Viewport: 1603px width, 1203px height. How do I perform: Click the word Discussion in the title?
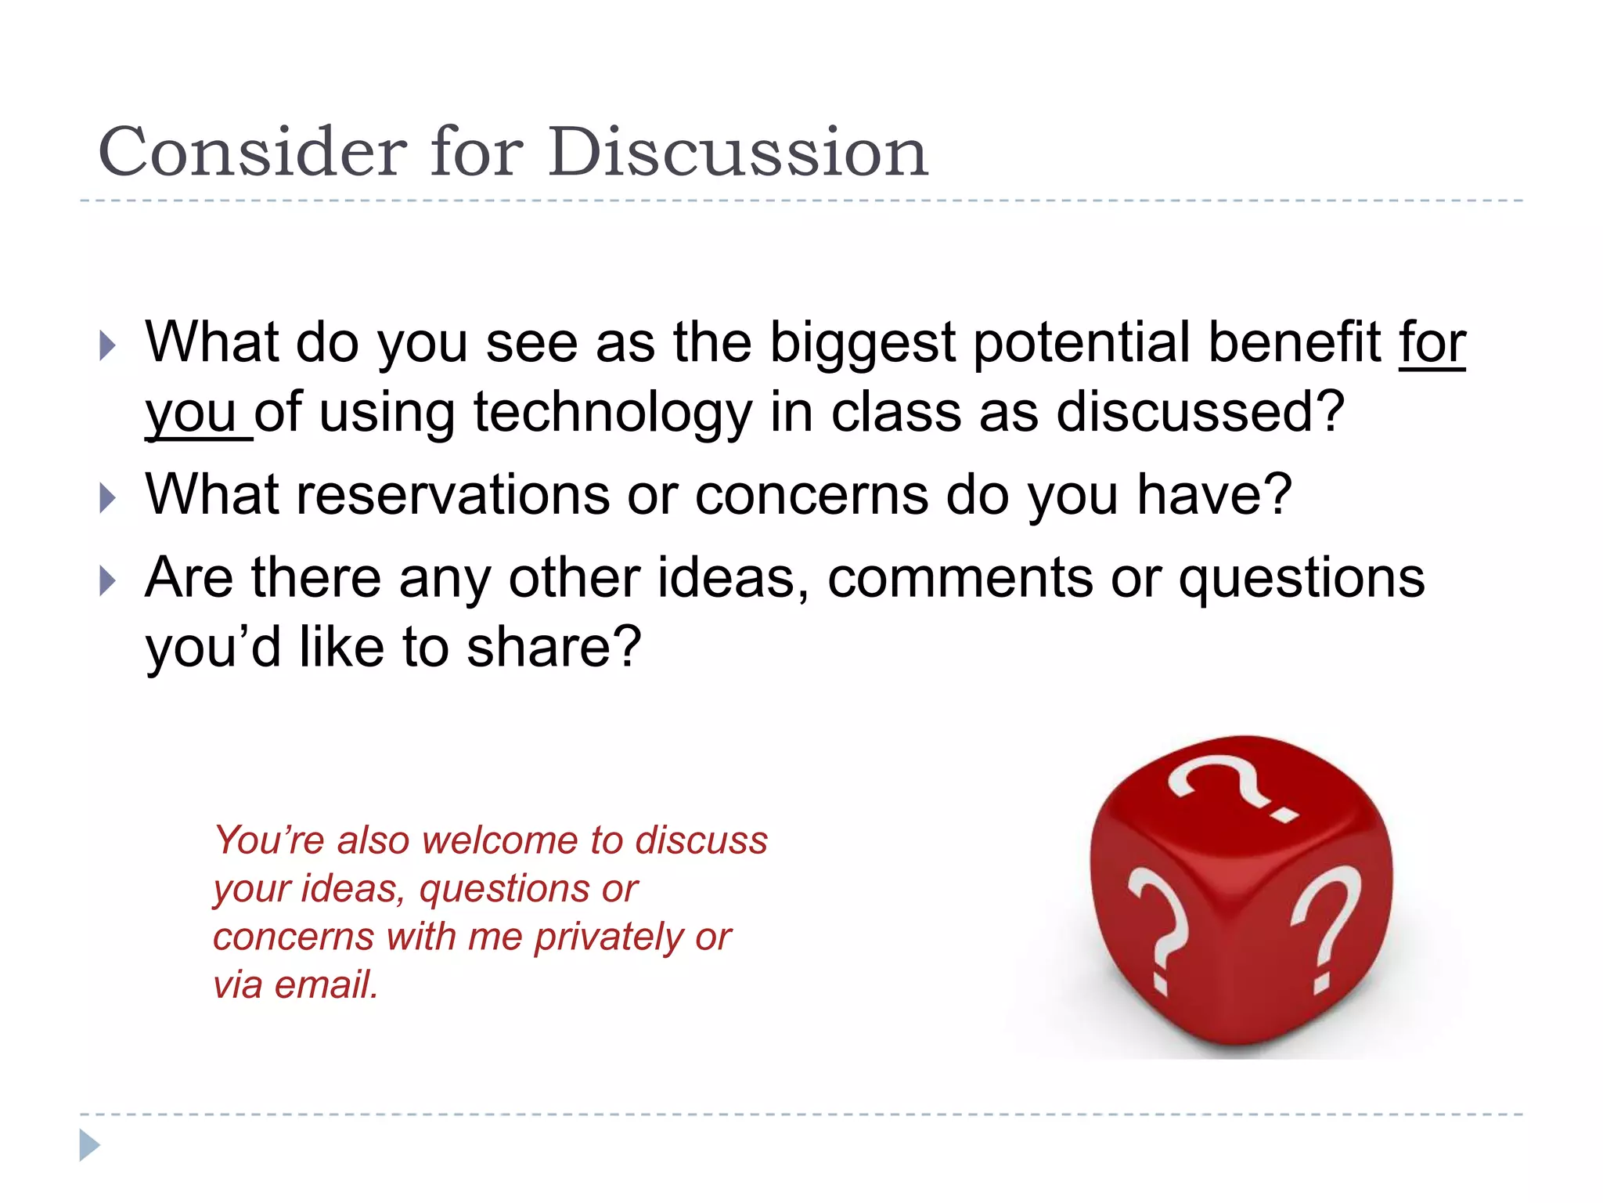(737, 152)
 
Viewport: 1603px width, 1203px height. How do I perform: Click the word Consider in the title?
(252, 152)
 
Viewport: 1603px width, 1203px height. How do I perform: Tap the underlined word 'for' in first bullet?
(1432, 343)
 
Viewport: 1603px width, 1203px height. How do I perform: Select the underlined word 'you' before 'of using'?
(191, 413)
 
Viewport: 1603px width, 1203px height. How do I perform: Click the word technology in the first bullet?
(613, 413)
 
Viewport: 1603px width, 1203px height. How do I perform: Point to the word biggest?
(862, 343)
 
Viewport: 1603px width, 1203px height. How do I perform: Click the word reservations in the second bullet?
(453, 495)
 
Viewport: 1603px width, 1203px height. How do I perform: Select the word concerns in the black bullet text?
(811, 495)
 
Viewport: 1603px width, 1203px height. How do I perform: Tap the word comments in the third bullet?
(960, 578)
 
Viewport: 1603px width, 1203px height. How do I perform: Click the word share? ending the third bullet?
(554, 647)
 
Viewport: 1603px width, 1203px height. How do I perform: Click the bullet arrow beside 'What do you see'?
(108, 345)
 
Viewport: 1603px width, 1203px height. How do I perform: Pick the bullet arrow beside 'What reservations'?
(108, 498)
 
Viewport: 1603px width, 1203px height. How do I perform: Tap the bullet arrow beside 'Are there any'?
(108, 581)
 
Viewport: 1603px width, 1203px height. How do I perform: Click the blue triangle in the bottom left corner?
(88, 1145)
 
